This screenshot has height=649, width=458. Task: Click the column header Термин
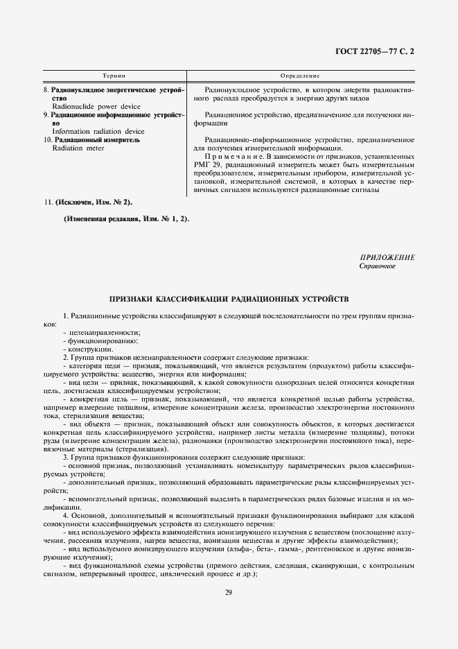[113, 74]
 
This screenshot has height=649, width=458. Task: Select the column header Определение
[300, 74]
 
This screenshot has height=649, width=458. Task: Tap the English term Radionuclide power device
[96, 107]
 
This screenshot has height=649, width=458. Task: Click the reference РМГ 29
[210, 164]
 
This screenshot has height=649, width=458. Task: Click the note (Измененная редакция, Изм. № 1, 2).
[125, 218]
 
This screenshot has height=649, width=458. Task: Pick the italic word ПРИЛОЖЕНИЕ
[387, 257]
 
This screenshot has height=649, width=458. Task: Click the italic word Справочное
[378, 266]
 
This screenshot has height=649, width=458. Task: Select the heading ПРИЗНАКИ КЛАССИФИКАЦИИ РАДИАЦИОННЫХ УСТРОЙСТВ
[229, 300]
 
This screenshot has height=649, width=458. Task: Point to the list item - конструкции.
[85, 349]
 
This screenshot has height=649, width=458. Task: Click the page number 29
[229, 591]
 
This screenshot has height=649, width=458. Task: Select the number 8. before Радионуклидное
[46, 90]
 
